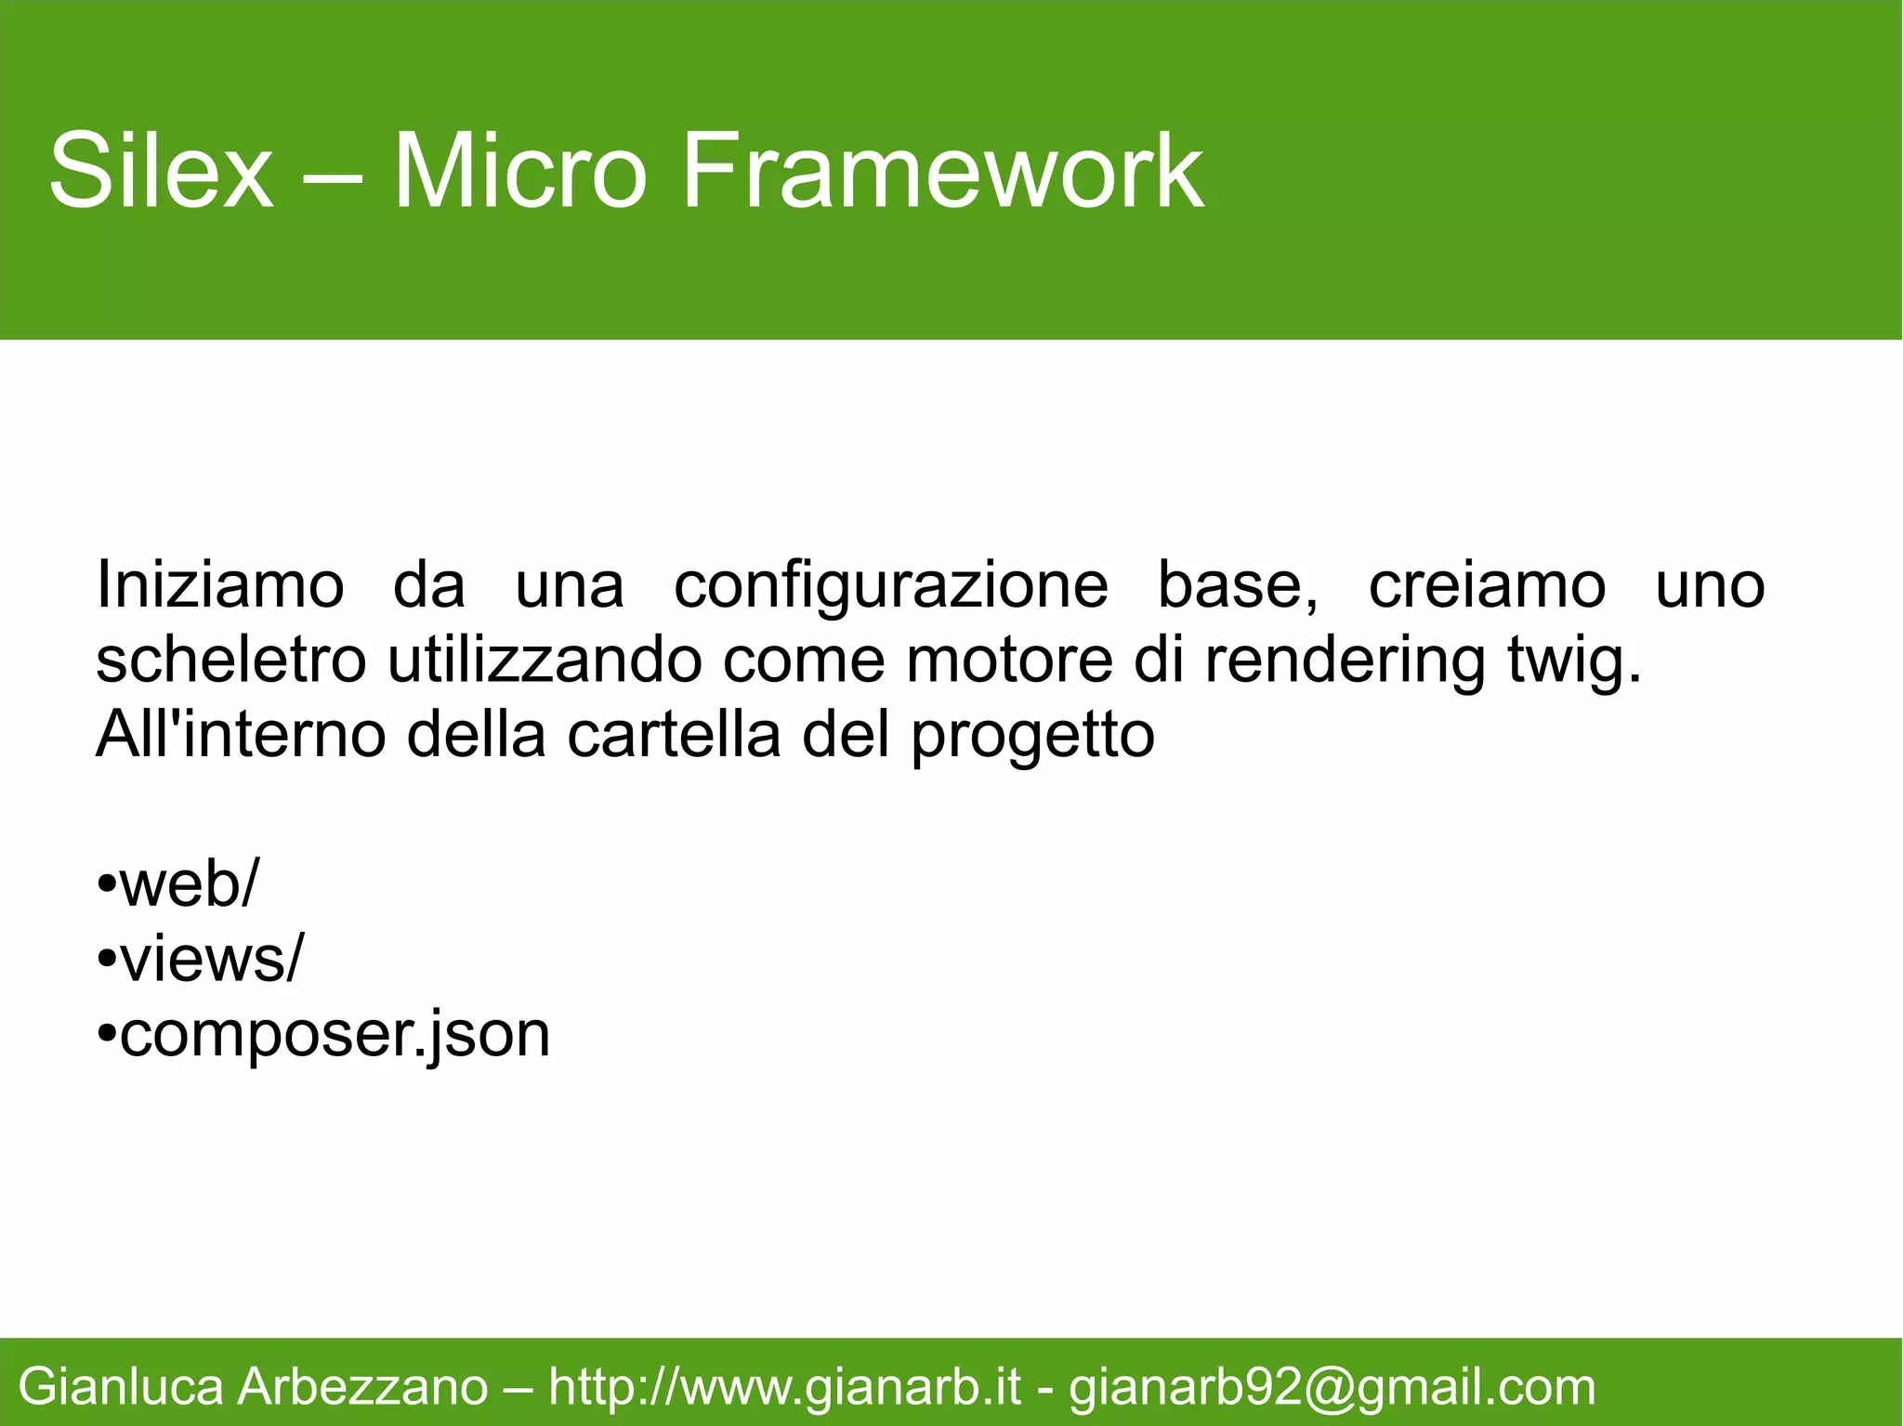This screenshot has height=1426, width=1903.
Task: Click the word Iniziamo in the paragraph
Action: [x=220, y=586]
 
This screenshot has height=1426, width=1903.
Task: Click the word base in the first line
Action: [x=1236, y=586]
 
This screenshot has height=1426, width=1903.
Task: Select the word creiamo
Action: [x=1487, y=586]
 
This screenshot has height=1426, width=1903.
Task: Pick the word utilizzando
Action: [x=544, y=661]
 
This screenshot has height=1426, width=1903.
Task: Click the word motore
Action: [x=1009, y=661]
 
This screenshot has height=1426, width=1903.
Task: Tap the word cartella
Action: [x=674, y=735]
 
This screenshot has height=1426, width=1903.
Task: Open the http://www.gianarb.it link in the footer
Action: [x=784, y=1388]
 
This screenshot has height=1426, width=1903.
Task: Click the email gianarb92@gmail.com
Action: [x=1332, y=1388]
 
